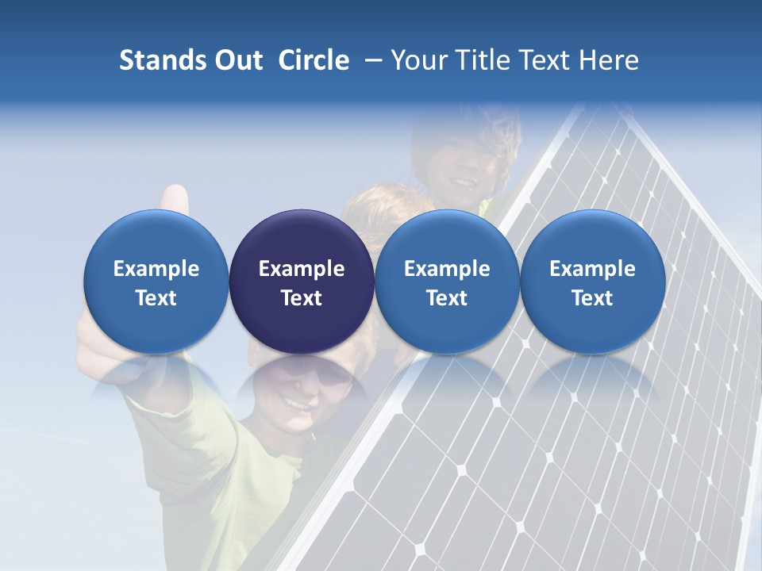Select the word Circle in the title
coord(314,60)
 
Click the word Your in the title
coord(416,60)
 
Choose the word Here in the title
coord(609,60)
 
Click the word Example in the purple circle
coord(302,269)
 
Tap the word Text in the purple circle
coord(302,298)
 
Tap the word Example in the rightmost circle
coord(592,269)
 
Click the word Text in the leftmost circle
coord(156,298)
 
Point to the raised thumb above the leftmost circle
coord(175,198)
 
